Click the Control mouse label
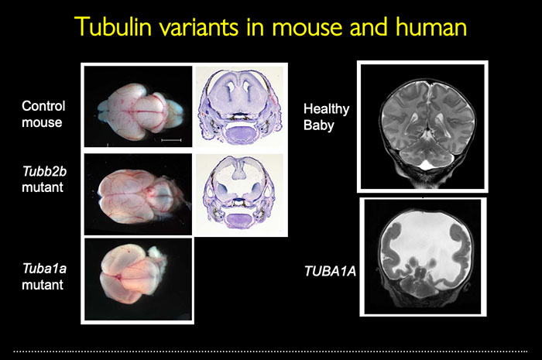43,114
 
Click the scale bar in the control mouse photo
172,139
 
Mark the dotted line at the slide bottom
271,351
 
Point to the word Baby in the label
319,125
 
